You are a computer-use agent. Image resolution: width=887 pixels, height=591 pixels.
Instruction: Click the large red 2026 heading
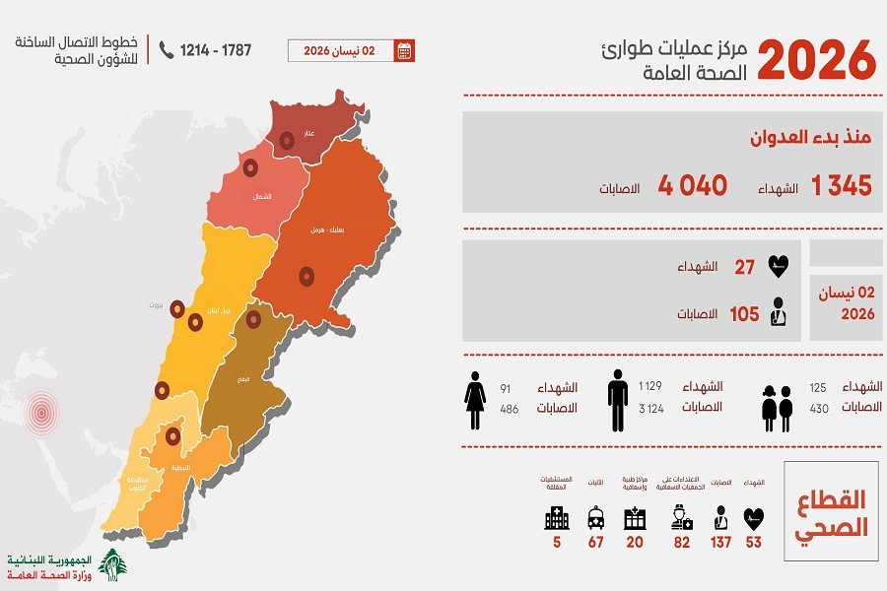tap(817, 61)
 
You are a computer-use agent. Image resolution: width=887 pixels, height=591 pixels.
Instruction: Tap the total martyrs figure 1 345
tap(842, 185)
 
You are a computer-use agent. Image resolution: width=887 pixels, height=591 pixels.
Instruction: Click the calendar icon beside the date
tap(404, 51)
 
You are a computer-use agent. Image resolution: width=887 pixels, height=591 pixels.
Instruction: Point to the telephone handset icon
tap(167, 49)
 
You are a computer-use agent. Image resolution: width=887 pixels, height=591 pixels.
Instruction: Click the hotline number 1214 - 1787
tap(216, 49)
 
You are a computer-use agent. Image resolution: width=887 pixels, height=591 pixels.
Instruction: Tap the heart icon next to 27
tap(779, 267)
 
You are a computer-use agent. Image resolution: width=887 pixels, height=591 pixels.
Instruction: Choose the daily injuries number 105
tap(744, 314)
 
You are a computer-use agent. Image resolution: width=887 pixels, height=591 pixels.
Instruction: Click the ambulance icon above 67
tap(595, 518)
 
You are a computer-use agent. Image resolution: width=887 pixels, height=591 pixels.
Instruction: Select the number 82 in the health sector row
tap(681, 543)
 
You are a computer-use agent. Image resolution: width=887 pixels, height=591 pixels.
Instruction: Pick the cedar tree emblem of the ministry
tap(112, 564)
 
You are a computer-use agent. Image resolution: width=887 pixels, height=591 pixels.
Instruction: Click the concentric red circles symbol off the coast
tap(42, 414)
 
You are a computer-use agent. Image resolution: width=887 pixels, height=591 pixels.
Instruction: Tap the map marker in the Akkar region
tap(286, 142)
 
